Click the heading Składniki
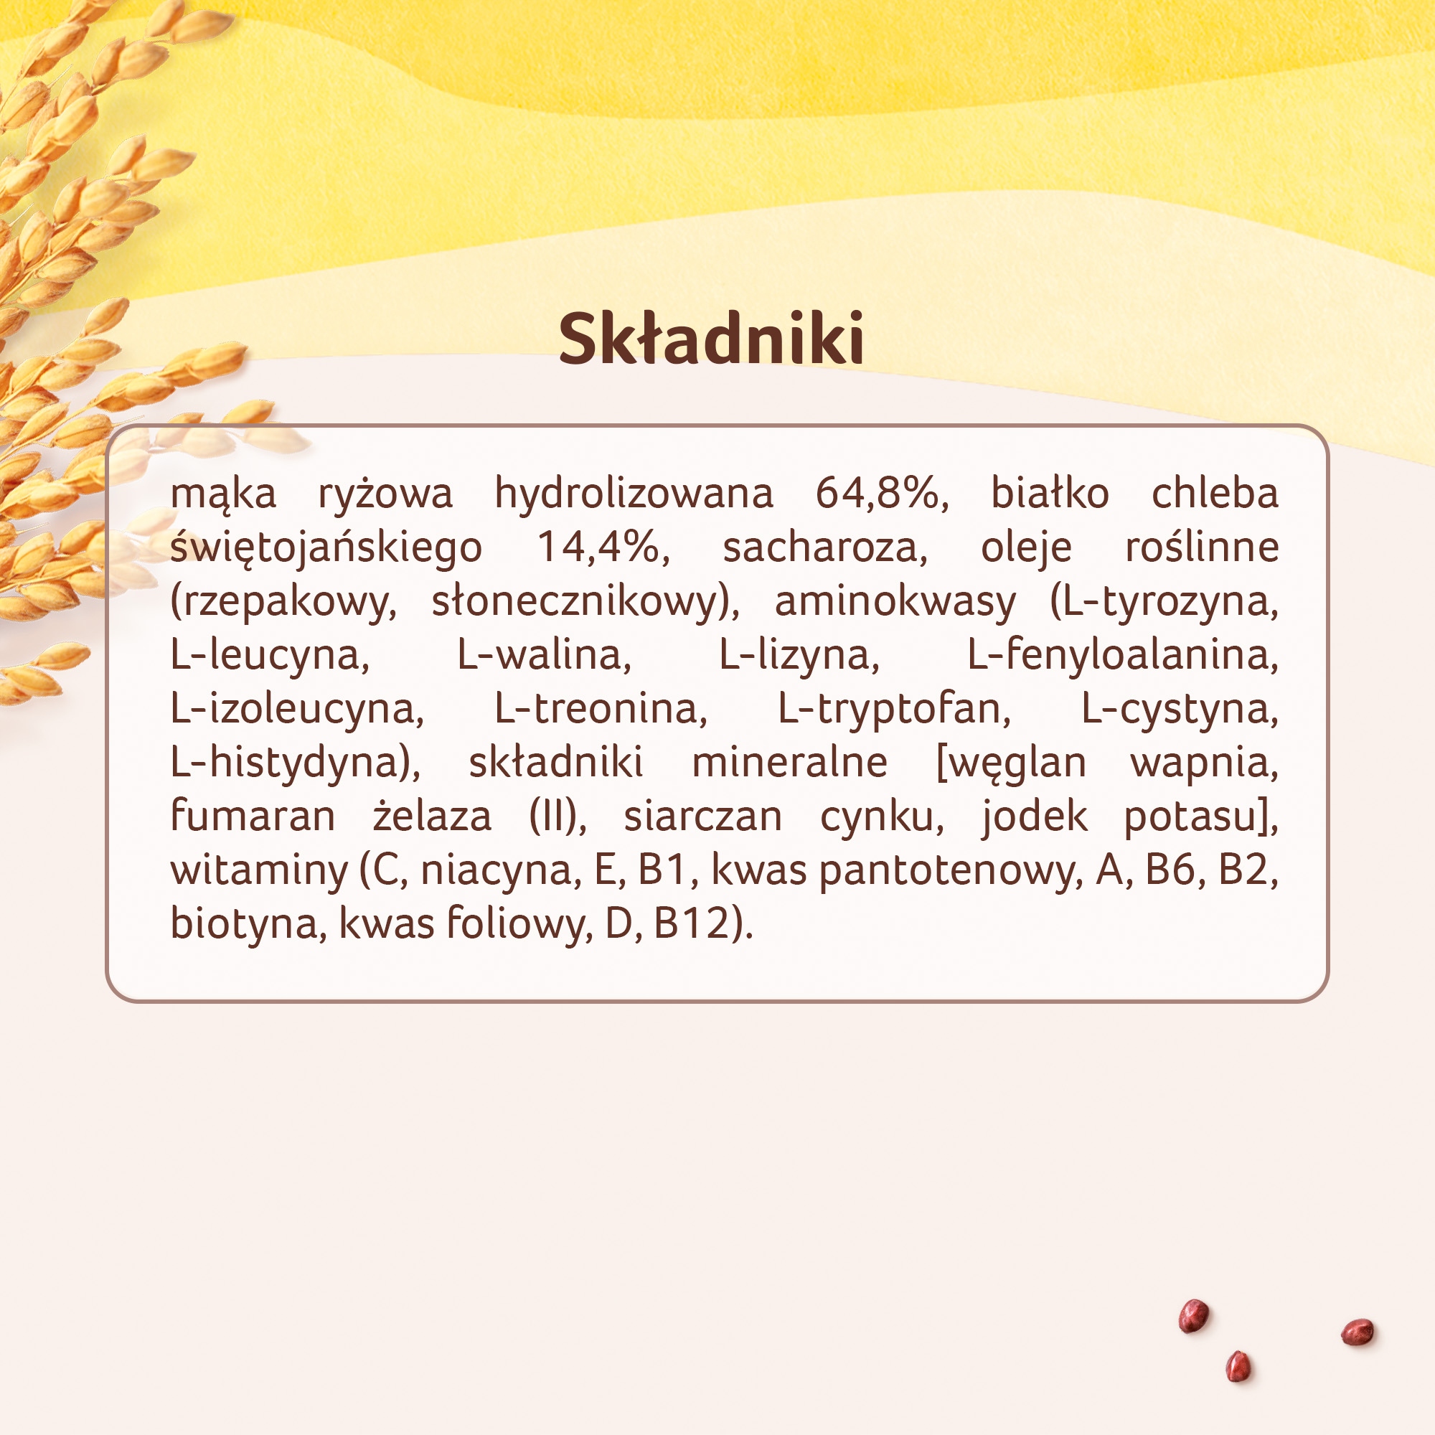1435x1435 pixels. coord(711,339)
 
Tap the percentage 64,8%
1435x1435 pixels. coord(882,492)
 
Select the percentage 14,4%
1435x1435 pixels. coord(603,547)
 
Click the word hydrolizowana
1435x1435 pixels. coord(634,494)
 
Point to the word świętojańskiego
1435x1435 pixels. coord(326,548)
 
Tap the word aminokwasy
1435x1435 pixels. coord(895,602)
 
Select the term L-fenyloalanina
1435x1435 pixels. coord(1122,656)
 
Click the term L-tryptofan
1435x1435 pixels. coord(893,710)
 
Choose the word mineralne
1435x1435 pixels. coord(789,763)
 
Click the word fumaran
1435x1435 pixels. coord(253,817)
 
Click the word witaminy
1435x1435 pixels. coord(259,871)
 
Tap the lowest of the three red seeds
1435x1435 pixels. coord(1238,1368)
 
